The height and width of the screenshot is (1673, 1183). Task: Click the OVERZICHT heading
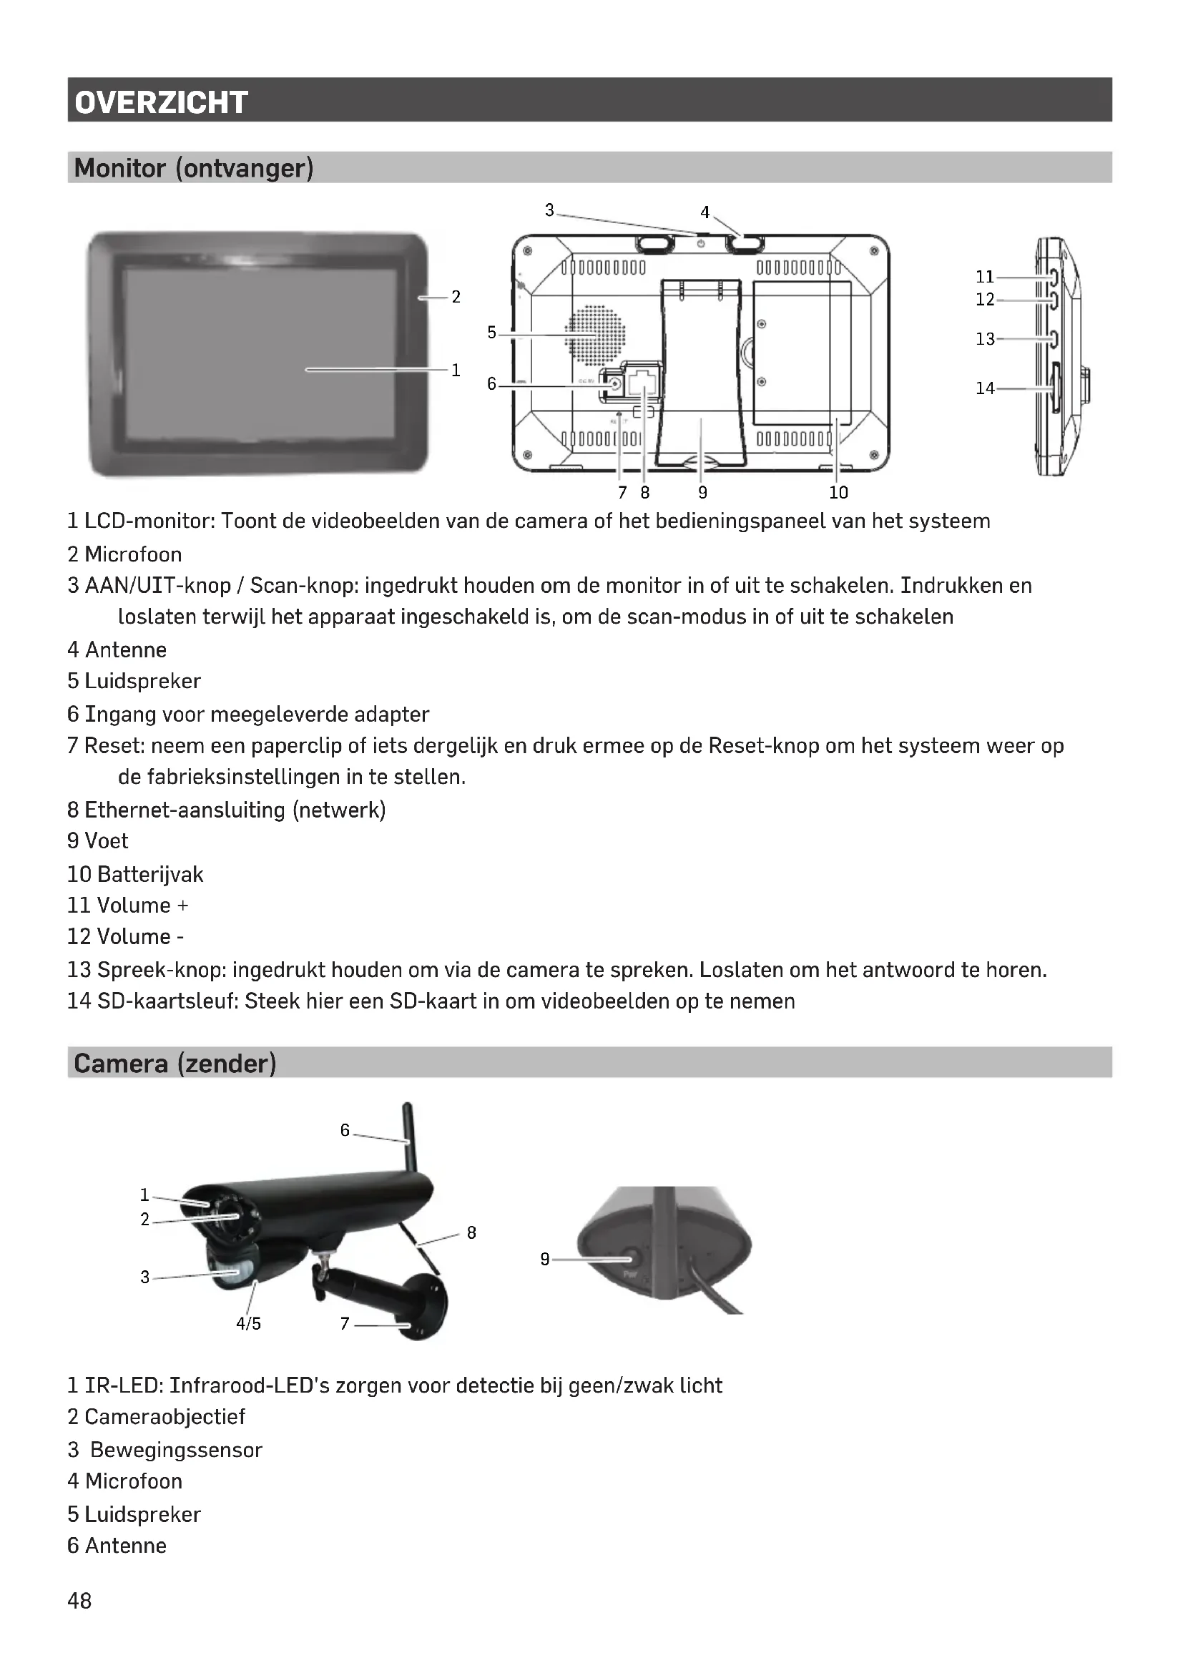161,102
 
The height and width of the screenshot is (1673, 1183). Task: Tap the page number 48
79,1600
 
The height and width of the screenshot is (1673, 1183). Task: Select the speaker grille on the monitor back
595,335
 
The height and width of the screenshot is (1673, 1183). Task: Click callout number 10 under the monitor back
838,493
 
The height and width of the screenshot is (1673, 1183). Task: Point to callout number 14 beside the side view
985,388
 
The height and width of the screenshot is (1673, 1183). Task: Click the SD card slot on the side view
1055,389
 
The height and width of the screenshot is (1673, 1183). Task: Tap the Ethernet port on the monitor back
642,382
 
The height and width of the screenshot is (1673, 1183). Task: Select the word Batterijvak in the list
150,873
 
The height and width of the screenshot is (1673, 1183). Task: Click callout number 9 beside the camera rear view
545,1258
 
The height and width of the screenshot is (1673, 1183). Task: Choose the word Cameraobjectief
165,1416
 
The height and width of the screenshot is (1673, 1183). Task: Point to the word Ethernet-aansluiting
185,810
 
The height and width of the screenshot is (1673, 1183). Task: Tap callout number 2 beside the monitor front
456,297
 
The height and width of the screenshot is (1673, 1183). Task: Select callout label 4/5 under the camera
248,1323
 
